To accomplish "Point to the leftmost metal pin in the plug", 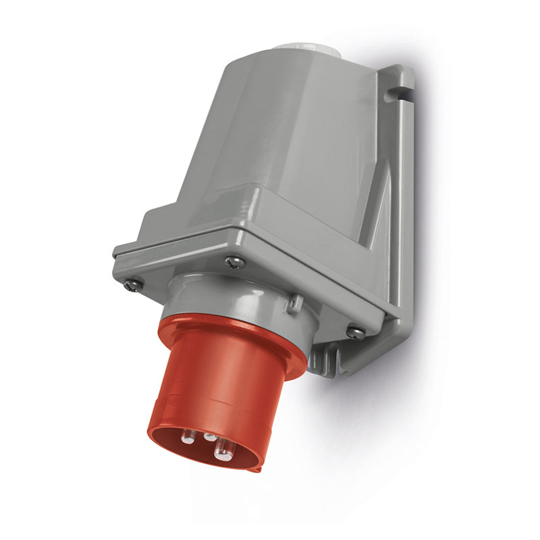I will [x=188, y=437].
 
